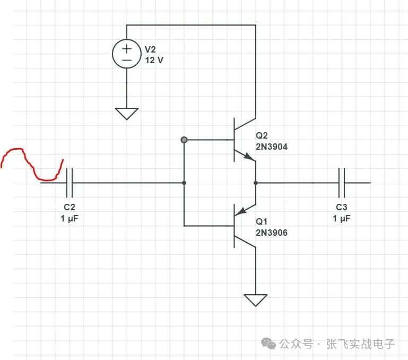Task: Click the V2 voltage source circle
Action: click(x=127, y=54)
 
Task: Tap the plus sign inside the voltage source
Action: click(x=127, y=49)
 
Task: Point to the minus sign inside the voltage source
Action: click(x=127, y=60)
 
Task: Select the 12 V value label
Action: click(x=154, y=60)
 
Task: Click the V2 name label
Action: click(x=151, y=49)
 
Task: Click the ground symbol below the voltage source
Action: click(x=127, y=113)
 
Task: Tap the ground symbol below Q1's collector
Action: click(x=256, y=299)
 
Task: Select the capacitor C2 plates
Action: click(x=70, y=183)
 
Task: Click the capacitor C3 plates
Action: click(x=342, y=183)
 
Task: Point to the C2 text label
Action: click(x=70, y=208)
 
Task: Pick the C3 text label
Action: click(x=342, y=208)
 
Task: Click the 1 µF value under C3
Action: click(x=342, y=218)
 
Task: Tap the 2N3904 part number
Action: click(x=271, y=147)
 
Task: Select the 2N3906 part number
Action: click(x=271, y=232)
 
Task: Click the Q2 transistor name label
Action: click(x=262, y=136)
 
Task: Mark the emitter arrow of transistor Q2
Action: click(x=247, y=157)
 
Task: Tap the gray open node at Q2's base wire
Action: click(x=184, y=140)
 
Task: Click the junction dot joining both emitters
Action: click(x=256, y=183)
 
